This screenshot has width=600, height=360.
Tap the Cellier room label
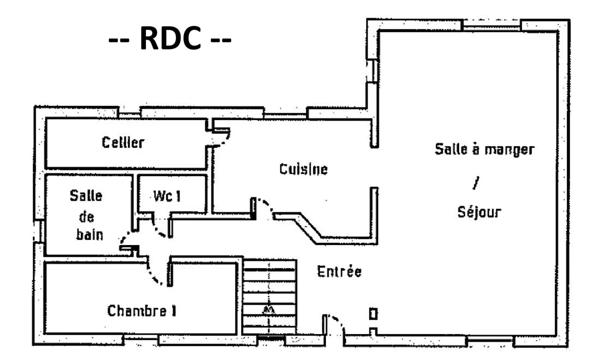tap(122, 142)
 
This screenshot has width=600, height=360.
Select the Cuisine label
tap(303, 169)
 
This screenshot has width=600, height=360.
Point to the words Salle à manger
tap(484, 149)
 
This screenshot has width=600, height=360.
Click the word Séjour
tap(479, 213)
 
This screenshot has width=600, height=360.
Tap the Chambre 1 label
tap(142, 310)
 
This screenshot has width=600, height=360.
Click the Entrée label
tap(339, 271)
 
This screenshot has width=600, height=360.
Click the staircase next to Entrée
tap(270, 298)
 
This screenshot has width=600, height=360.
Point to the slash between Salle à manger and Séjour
tap(475, 182)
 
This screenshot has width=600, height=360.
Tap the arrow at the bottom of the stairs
tap(268, 312)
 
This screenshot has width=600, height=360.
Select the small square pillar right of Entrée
tap(373, 314)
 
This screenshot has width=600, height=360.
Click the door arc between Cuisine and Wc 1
tap(263, 207)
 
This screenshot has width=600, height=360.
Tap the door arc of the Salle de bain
tap(128, 240)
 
